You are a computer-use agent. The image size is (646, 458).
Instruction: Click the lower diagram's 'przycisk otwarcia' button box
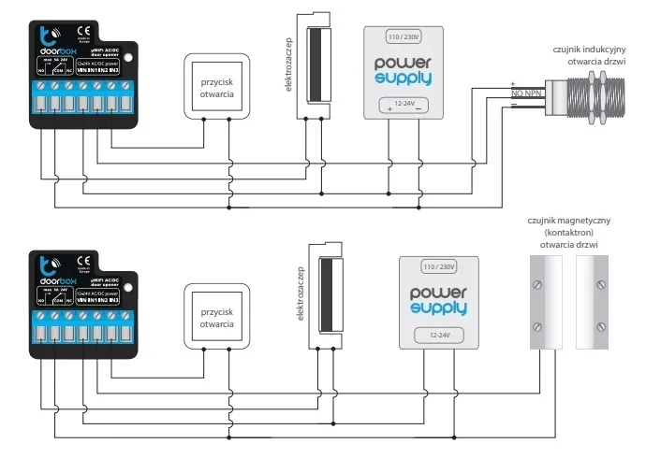click(216, 317)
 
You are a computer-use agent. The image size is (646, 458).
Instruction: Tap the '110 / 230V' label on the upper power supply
click(406, 36)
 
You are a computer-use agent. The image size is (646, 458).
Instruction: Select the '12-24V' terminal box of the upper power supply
click(405, 105)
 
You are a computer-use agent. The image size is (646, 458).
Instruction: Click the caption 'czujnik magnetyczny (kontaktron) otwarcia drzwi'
click(568, 232)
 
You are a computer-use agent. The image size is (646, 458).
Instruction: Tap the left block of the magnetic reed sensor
click(541, 302)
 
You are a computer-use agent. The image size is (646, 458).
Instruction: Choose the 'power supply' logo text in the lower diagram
click(439, 300)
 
